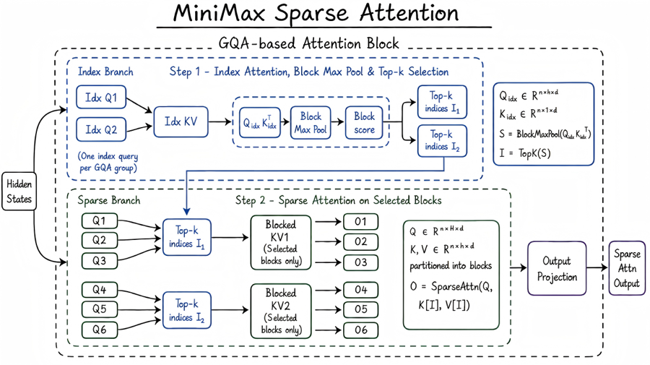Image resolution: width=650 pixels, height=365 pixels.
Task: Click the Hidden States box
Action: click(x=19, y=192)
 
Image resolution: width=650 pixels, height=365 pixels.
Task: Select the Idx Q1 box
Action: click(x=100, y=98)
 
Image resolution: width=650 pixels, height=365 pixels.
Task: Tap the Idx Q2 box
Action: click(x=100, y=129)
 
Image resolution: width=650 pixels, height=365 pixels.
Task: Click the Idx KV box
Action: click(x=181, y=121)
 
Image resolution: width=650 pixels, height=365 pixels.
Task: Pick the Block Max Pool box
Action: click(x=311, y=122)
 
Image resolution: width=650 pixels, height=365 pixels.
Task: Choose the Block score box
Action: click(x=364, y=122)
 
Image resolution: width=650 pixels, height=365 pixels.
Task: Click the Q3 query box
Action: click(x=100, y=261)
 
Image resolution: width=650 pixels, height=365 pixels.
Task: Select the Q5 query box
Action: click(x=100, y=309)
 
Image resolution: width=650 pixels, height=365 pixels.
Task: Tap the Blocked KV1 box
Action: click(x=281, y=242)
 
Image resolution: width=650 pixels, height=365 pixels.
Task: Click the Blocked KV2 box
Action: click(x=281, y=311)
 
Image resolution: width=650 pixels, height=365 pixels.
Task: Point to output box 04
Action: click(x=360, y=290)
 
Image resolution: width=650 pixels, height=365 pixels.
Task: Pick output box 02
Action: click(x=360, y=241)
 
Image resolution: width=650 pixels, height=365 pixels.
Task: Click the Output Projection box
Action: click(x=557, y=268)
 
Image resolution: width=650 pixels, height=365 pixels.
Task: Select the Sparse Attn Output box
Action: click(x=627, y=268)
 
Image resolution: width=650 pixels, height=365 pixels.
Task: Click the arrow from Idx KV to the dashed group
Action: click(x=220, y=122)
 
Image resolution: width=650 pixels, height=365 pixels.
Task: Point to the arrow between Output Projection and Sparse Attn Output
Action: click(x=597, y=268)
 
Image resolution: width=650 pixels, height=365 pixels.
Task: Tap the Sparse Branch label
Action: click(x=109, y=200)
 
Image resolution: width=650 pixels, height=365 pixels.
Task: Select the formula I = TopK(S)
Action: click(x=525, y=153)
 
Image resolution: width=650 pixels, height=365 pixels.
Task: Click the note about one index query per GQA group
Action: click(x=108, y=162)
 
